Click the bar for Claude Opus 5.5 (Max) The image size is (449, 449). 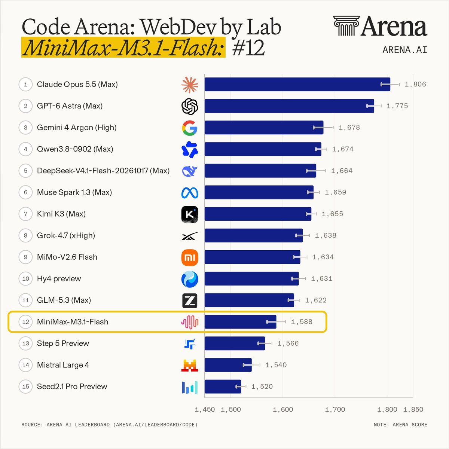click(x=297, y=84)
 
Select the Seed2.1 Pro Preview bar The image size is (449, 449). click(x=223, y=387)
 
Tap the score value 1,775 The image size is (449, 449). click(x=397, y=106)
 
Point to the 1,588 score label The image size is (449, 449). click(x=302, y=322)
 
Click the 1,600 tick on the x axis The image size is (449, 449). click(x=283, y=409)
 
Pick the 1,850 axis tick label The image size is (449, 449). click(x=413, y=409)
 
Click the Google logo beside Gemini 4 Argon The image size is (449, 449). click(x=190, y=128)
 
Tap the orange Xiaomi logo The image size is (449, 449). click(x=190, y=257)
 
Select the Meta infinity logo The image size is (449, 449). click(x=190, y=193)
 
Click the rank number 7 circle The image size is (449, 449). click(x=26, y=214)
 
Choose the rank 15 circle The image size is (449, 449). click(x=26, y=387)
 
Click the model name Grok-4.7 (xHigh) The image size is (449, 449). click(x=66, y=236)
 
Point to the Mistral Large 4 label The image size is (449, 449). click(x=63, y=365)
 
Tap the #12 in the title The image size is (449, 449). click(x=248, y=48)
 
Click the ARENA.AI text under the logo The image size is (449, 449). click(x=405, y=50)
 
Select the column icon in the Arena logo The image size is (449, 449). click(x=346, y=26)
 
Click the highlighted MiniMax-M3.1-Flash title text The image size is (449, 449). click(x=123, y=47)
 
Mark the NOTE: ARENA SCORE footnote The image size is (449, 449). click(x=400, y=425)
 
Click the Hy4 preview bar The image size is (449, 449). click(x=252, y=279)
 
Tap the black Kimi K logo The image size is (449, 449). click(x=190, y=214)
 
